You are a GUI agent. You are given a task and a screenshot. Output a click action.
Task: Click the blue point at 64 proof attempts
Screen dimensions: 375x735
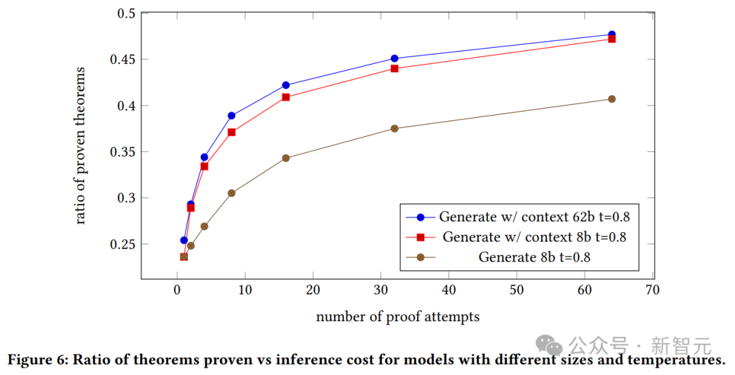click(612, 35)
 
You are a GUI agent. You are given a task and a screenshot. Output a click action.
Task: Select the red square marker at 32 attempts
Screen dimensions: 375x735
click(395, 69)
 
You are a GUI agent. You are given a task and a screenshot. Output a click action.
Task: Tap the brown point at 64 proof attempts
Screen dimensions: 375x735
click(612, 99)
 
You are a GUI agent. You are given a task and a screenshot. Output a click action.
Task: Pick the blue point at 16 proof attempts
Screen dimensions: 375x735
click(286, 85)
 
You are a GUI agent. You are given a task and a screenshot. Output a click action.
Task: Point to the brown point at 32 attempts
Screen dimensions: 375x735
click(395, 129)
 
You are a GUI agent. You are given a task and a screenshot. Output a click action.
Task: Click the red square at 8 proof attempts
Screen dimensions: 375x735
click(231, 132)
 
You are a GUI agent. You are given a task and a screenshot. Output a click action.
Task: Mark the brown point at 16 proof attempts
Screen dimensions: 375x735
click(286, 158)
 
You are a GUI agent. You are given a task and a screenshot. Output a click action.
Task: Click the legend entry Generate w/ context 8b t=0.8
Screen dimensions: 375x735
click(534, 237)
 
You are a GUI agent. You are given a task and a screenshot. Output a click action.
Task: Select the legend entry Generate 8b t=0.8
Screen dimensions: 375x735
click(534, 257)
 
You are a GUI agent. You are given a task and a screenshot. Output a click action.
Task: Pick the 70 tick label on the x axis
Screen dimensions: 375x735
click(653, 290)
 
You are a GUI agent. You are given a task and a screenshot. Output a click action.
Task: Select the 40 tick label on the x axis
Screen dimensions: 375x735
click(449, 290)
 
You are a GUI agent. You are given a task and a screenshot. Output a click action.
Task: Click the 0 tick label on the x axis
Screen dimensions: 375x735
click(177, 290)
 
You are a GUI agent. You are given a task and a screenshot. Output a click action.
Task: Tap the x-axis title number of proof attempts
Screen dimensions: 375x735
click(397, 316)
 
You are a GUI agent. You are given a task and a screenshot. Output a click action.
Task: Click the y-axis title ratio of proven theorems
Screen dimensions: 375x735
click(81, 146)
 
